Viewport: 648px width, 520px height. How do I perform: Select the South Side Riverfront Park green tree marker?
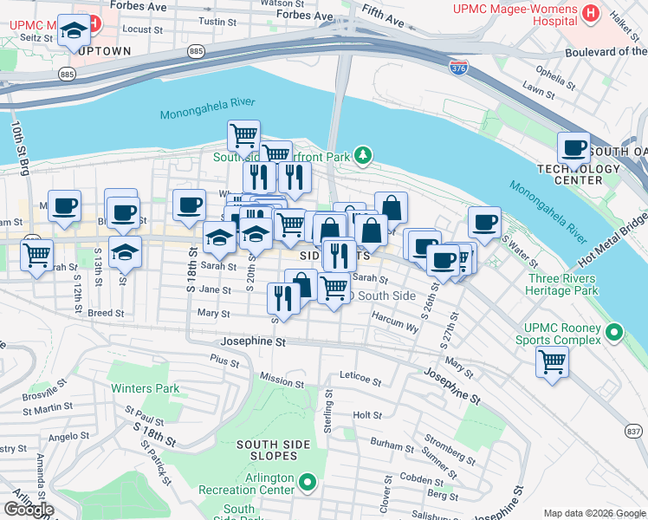click(365, 156)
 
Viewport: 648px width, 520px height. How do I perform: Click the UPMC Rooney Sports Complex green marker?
click(614, 331)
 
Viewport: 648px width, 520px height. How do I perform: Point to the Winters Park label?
click(146, 388)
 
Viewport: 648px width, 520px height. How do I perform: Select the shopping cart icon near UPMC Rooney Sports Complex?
click(552, 361)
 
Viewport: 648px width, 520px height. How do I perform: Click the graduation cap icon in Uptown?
click(75, 32)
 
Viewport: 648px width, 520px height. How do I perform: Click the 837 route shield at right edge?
click(633, 431)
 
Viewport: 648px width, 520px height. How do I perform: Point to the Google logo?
click(29, 509)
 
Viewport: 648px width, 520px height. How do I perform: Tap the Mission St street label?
click(282, 380)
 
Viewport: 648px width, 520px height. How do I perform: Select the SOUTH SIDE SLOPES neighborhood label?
click(273, 445)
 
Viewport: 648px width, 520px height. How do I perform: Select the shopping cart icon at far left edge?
click(37, 257)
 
